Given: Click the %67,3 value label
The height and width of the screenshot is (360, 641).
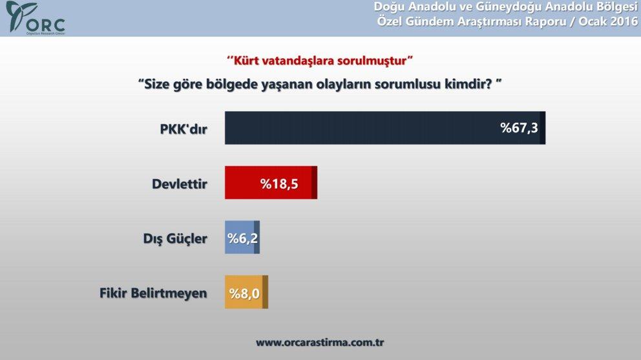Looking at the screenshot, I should pos(519,128).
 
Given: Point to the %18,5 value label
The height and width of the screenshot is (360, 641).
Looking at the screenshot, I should pos(279,184).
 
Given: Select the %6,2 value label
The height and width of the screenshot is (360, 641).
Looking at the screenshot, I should pos(242,238).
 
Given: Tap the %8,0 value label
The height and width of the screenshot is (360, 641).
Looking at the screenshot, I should pos(244,293).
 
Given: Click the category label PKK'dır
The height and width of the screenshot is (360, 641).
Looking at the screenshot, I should pos(183,128).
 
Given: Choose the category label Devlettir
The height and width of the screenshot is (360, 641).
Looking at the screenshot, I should pos(179,184).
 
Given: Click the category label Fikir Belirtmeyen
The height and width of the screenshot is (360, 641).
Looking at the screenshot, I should pos(153,293).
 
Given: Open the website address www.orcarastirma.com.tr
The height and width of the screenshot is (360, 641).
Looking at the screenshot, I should pos(320,342).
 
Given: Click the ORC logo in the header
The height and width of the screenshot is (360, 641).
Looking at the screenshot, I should pos(35,18).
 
